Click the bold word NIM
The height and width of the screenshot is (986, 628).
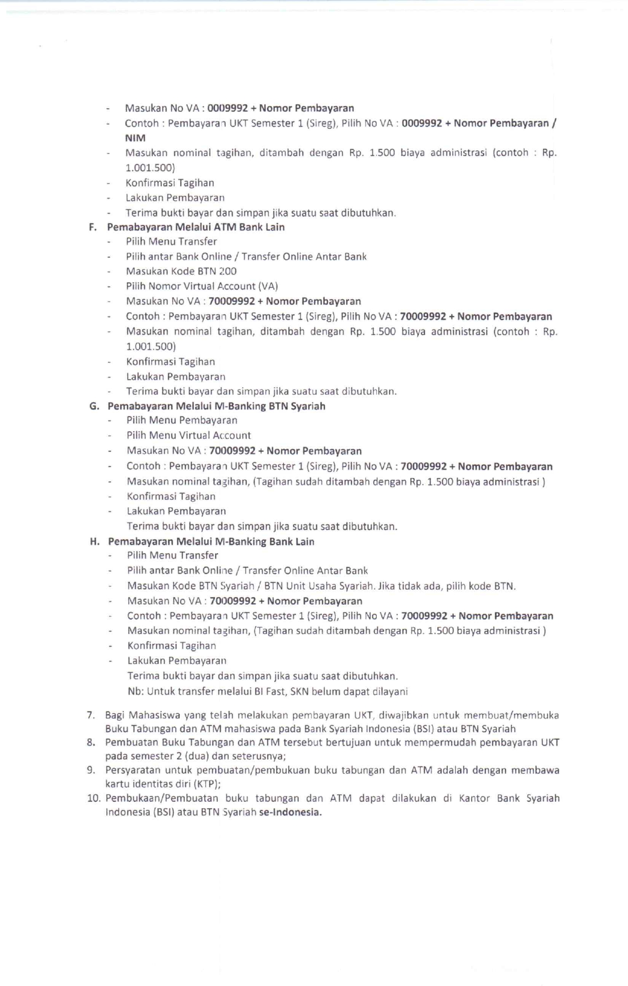(135, 138)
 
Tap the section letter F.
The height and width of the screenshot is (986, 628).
(92, 227)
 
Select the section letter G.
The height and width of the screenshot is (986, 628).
(93, 406)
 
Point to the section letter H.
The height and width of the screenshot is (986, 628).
(94, 542)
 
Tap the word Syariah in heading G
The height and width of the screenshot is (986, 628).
(308, 406)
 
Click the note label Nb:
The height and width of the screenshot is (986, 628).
(135, 691)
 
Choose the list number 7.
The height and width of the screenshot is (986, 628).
(91, 715)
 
